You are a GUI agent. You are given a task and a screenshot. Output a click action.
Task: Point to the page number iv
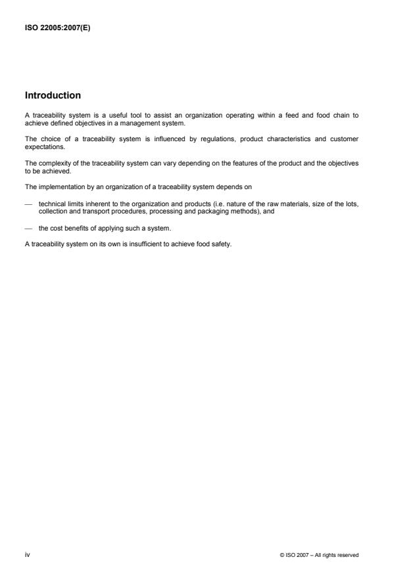pos(27,555)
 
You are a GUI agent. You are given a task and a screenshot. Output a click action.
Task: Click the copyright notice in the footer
pos(318,555)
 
